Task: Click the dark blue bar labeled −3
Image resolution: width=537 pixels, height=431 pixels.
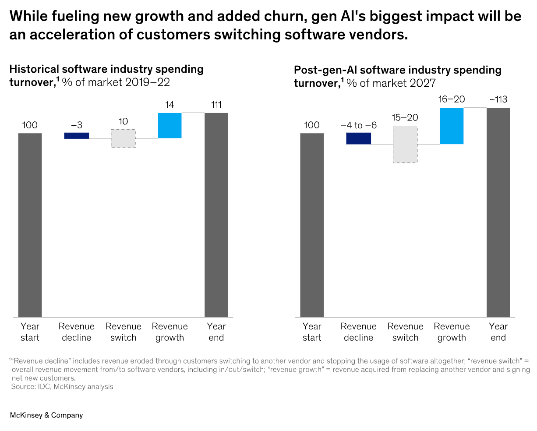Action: tap(77, 136)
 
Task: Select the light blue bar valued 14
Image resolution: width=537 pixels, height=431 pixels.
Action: tap(170, 126)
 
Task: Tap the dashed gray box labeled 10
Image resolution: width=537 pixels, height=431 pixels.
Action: tap(123, 138)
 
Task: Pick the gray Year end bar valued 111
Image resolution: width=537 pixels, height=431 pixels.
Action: tap(216, 215)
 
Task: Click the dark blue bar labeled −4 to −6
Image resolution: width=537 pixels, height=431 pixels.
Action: tap(359, 138)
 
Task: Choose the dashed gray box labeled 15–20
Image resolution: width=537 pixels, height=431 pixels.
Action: tap(405, 145)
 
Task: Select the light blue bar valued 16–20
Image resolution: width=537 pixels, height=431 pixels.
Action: tap(452, 126)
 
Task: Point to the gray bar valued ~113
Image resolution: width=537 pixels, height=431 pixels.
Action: tap(498, 212)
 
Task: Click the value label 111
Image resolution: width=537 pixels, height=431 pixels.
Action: tap(216, 105)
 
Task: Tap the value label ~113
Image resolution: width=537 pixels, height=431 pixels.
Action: tap(498, 100)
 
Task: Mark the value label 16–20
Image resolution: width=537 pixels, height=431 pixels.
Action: tap(452, 99)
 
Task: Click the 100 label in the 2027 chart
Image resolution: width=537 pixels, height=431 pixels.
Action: tap(312, 125)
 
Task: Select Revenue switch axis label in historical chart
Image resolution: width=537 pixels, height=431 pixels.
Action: tap(124, 332)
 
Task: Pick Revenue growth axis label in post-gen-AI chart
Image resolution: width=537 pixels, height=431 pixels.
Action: tap(452, 332)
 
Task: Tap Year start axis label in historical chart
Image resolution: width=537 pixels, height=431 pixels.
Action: tap(30, 332)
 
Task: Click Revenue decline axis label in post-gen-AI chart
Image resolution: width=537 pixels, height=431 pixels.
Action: tap(359, 332)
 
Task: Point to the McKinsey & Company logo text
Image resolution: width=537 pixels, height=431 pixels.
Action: tap(46, 415)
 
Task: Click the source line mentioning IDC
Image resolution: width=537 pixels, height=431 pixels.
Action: tap(62, 387)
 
